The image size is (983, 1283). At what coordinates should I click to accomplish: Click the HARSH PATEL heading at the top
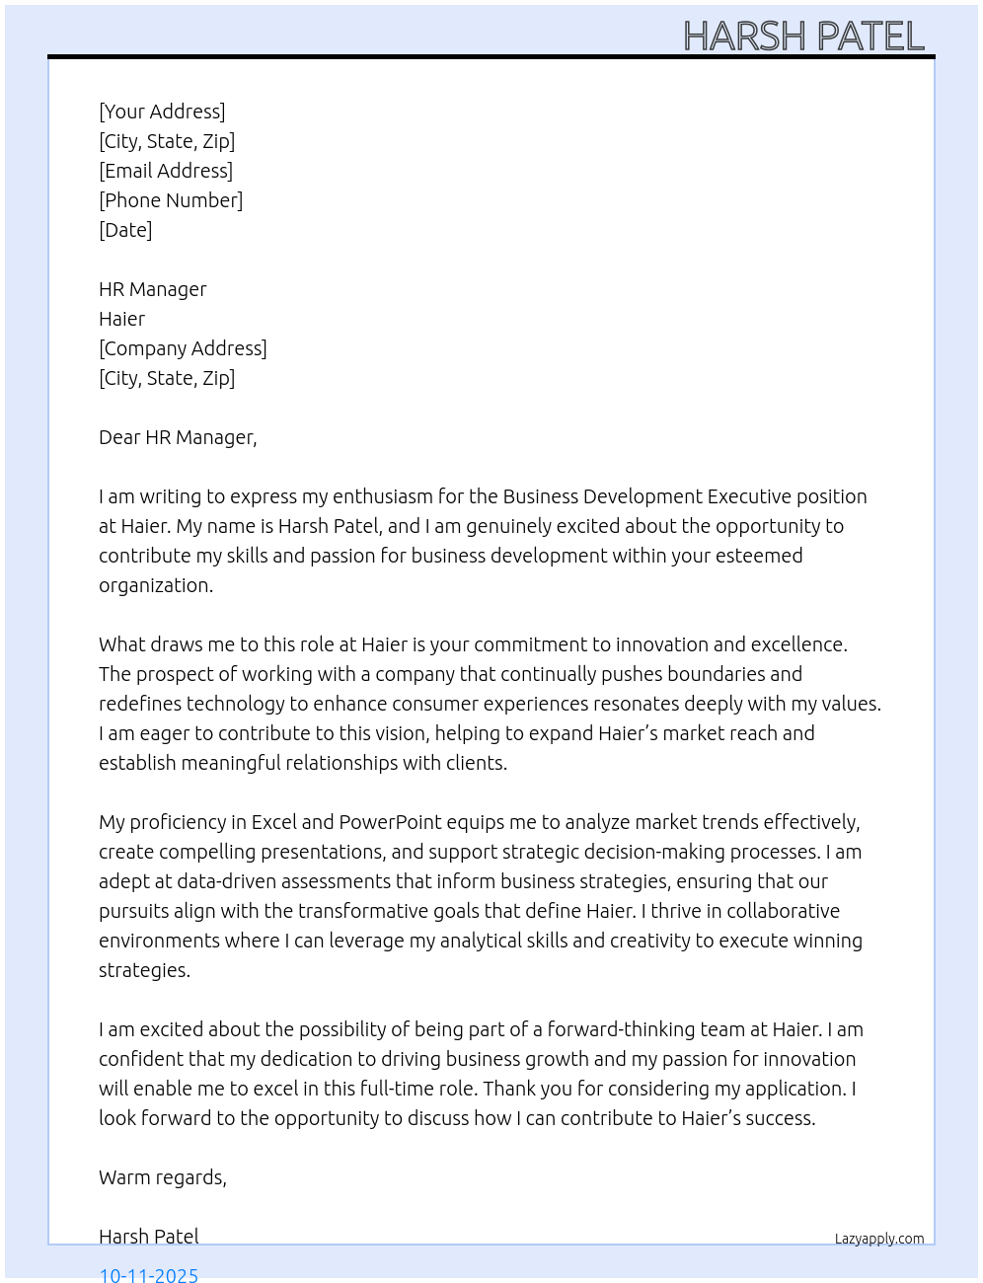803,37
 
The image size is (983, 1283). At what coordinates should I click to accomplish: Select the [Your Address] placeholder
162,112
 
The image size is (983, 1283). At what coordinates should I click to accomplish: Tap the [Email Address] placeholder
166,171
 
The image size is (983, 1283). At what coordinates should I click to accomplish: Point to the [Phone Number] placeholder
171,200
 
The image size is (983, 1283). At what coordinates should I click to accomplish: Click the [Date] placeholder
125,230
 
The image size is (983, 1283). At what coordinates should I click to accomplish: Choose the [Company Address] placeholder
183,348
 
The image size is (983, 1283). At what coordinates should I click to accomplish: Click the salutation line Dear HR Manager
178,437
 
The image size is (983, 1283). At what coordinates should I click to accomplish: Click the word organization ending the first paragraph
155,585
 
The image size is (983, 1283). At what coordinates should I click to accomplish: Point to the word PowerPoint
390,822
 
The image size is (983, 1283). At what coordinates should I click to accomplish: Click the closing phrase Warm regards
163,1177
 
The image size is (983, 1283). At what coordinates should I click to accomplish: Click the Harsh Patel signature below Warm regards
149,1237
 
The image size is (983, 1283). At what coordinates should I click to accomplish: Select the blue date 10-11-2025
149,1274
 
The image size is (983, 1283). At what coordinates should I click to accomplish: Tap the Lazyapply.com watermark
879,1239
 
